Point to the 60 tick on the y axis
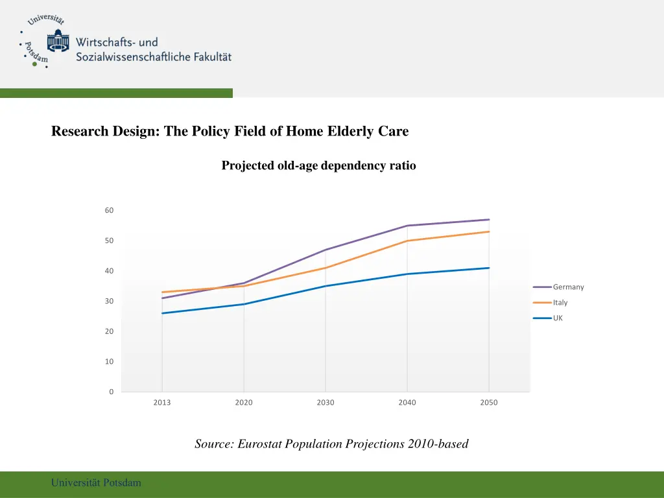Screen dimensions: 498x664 pos(109,211)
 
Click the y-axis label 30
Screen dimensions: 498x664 pos(109,302)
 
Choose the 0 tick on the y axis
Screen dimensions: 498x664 pos(111,392)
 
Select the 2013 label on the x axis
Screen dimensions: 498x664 pos(162,403)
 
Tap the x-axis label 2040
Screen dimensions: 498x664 pos(407,403)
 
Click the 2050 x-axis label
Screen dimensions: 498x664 pos(489,403)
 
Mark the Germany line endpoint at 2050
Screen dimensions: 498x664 pos(489,220)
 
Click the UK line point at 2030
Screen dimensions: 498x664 pos(326,286)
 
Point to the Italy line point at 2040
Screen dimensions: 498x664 pos(407,241)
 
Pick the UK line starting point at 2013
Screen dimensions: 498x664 pos(162,313)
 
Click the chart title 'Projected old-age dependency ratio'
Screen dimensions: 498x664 pos(318,166)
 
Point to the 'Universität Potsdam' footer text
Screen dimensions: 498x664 pos(96,482)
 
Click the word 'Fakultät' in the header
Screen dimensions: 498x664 pos(212,57)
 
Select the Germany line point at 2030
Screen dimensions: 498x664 pos(326,250)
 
